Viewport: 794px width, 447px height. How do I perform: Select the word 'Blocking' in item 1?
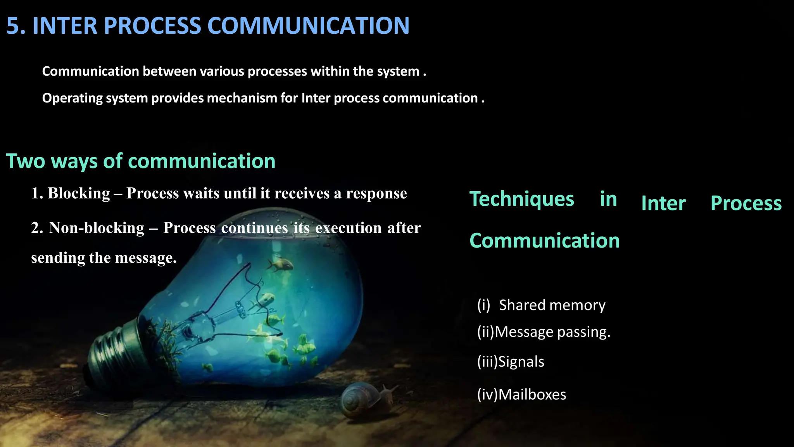click(79, 193)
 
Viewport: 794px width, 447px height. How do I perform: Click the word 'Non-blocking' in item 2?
click(97, 228)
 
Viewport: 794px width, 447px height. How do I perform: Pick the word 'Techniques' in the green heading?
click(522, 199)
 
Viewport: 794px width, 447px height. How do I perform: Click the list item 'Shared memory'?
click(552, 305)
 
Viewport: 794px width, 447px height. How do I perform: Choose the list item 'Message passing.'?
click(552, 332)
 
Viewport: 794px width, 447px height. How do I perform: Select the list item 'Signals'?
click(521, 362)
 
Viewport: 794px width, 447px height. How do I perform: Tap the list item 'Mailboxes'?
click(532, 395)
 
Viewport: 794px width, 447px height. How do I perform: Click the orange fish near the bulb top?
click(280, 265)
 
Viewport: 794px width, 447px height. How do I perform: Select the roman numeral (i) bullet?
click(484, 305)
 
